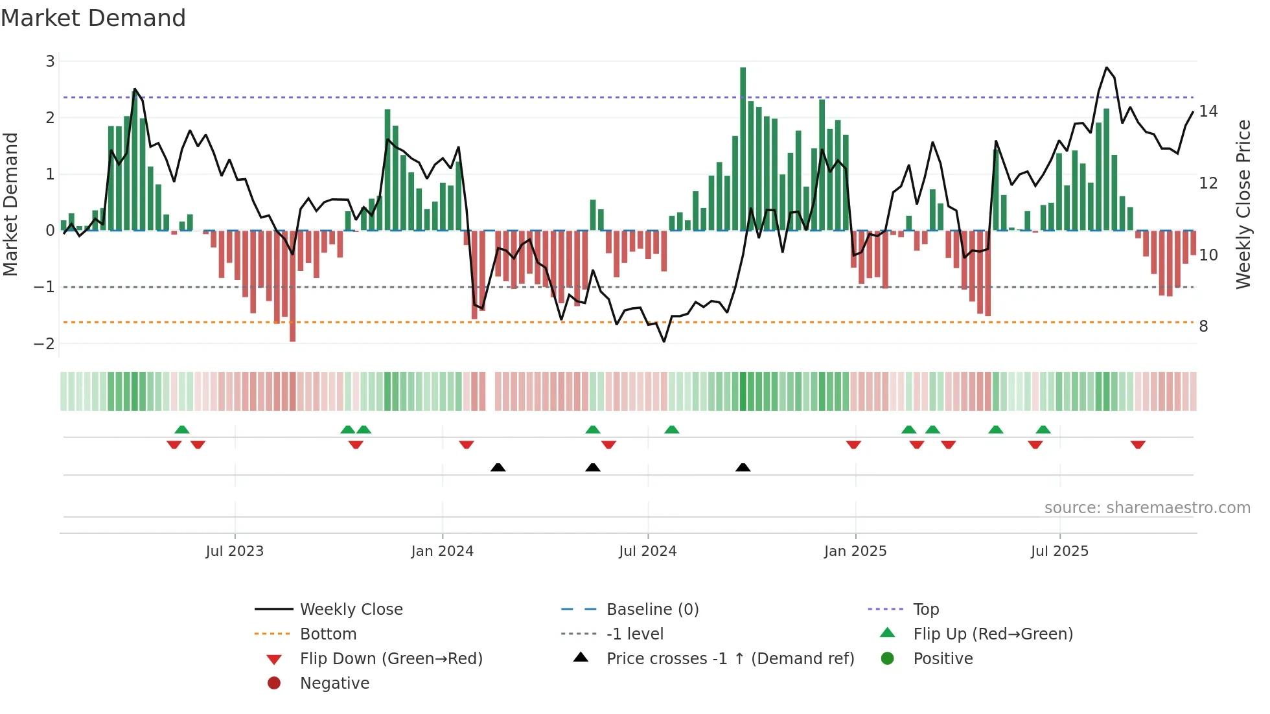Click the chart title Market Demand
pos(93,18)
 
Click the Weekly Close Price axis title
pos(1243,204)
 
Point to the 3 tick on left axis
pos(50,62)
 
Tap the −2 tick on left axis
pos(44,343)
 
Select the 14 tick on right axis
pos(1208,111)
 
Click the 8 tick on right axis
pos(1203,327)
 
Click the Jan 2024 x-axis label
pos(442,551)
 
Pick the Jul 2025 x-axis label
pos(1059,551)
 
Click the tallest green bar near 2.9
pos(743,149)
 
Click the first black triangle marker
pos(498,467)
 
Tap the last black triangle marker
pos(743,467)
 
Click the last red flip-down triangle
pos(1138,444)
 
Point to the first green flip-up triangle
pos(182,430)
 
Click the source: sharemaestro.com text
pos(1147,508)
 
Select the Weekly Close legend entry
pos(351,610)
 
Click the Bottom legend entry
pos(328,634)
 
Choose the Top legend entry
pos(925,610)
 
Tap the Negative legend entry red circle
pos(274,684)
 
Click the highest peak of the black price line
pos(1106,67)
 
